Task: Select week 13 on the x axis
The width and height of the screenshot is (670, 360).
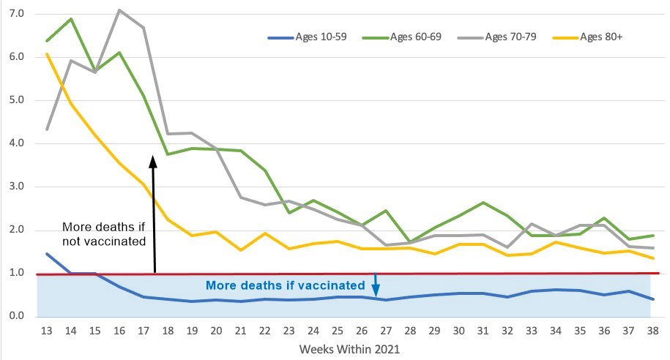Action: coord(47,331)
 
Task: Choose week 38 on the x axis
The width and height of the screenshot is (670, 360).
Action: coord(650,331)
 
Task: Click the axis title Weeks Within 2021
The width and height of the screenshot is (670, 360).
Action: coord(349,349)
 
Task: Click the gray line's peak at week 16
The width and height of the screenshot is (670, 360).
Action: coord(119,10)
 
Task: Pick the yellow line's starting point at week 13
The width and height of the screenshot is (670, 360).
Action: coord(47,53)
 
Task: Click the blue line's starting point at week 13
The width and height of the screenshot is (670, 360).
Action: coord(47,254)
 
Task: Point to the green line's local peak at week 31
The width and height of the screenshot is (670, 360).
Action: coord(477,203)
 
